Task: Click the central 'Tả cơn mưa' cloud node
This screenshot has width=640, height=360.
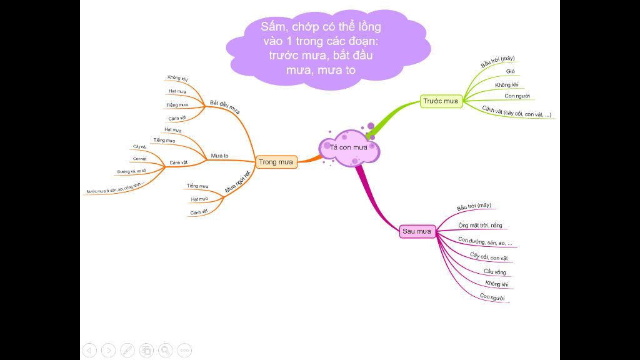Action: click(349, 147)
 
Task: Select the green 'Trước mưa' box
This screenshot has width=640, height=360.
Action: click(441, 101)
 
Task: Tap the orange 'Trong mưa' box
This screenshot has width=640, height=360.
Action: click(276, 162)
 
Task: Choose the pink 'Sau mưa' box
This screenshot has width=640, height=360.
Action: click(417, 231)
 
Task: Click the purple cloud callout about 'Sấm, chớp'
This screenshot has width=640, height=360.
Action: click(321, 48)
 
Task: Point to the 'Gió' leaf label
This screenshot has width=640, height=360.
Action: click(511, 72)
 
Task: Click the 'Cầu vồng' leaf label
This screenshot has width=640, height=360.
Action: click(495, 271)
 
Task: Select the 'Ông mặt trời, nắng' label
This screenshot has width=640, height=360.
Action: click(480, 225)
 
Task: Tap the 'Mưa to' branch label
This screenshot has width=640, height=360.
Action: click(219, 155)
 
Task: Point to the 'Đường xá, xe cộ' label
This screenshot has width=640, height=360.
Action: click(131, 171)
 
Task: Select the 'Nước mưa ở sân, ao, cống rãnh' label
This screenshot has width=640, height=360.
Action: click(115, 188)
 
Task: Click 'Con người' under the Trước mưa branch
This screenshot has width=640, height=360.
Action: click(517, 96)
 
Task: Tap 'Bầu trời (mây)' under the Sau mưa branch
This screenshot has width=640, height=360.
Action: click(474, 207)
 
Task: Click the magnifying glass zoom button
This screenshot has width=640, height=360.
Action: click(165, 350)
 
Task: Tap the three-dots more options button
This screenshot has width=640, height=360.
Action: click(184, 350)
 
